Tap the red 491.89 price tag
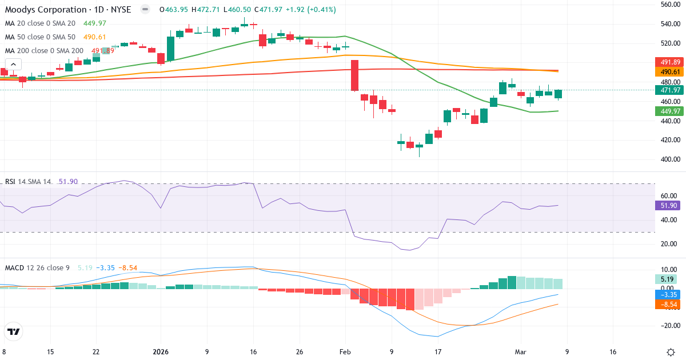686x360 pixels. (668, 62)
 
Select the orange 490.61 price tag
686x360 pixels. (668, 72)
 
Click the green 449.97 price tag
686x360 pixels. (668, 111)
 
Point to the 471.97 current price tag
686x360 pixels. (668, 90)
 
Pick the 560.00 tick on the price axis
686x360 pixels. (669, 5)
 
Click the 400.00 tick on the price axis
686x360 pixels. (669, 159)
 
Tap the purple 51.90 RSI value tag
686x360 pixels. (668, 205)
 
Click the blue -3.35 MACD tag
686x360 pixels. (668, 295)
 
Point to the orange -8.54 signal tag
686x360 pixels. (668, 305)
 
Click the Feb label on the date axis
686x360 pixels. (344, 352)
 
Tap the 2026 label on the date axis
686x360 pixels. (161, 352)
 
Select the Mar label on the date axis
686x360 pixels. (520, 352)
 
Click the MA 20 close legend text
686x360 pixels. (40, 23)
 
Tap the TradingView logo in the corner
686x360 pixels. (14, 331)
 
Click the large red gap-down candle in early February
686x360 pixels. (354, 75)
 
